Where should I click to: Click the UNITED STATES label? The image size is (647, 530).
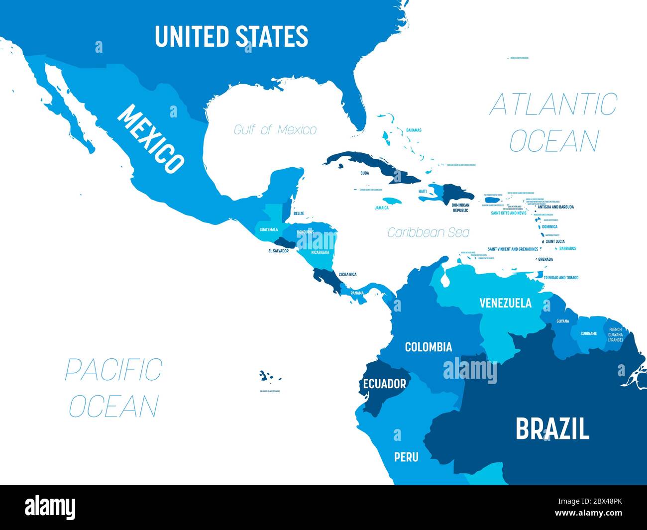(x=231, y=36)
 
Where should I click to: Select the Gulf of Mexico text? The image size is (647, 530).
(x=275, y=130)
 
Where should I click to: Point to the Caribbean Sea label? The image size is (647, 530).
(x=428, y=232)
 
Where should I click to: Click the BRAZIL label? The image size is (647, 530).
(x=552, y=428)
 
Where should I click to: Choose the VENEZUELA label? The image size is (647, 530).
(x=505, y=303)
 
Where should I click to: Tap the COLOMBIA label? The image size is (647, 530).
(x=429, y=347)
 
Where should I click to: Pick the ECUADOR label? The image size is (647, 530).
(x=384, y=384)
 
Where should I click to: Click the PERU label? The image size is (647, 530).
(x=406, y=456)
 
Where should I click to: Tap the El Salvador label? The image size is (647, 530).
(x=278, y=251)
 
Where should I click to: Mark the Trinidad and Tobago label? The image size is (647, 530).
(x=560, y=278)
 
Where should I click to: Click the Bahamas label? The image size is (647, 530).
(x=414, y=130)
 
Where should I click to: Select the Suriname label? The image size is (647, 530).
(x=588, y=333)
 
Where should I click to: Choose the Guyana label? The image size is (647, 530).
(x=562, y=321)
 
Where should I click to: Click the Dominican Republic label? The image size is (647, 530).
(x=460, y=208)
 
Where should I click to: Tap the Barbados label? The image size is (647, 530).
(x=567, y=248)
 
